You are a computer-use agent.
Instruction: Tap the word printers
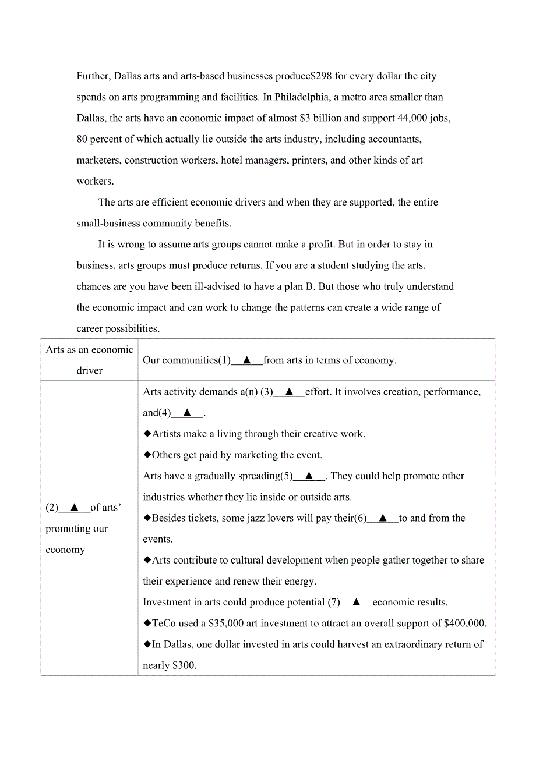(306, 160)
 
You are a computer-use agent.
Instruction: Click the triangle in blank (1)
(247, 360)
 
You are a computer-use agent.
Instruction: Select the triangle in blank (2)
(75, 508)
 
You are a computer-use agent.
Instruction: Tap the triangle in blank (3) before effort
(289, 392)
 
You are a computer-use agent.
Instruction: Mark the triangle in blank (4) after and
(187, 413)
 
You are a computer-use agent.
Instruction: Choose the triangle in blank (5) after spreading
(309, 476)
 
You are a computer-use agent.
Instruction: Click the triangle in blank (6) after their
(383, 518)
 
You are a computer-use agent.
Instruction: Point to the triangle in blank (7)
(356, 602)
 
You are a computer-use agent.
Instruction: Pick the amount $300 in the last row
(184, 665)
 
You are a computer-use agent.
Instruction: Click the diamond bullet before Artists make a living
(147, 434)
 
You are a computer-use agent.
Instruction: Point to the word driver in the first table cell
(89, 371)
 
